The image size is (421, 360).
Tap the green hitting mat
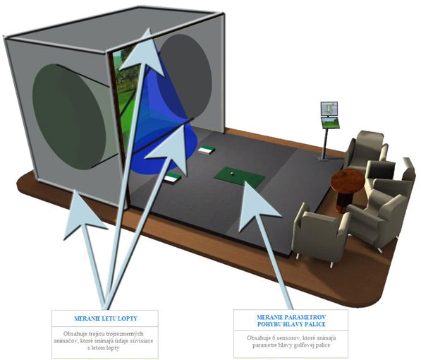tap(240, 177)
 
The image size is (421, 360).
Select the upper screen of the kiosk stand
tap(329, 108)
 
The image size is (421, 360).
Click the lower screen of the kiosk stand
tap(331, 123)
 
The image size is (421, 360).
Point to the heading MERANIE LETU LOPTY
tap(106, 318)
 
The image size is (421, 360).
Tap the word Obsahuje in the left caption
tap(73, 334)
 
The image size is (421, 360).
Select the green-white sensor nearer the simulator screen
tap(206, 150)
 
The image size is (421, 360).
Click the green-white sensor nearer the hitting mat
tap(173, 177)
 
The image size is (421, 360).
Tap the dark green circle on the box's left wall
tap(69, 116)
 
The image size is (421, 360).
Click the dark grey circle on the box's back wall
tap(185, 76)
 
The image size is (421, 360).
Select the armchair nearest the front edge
tap(321, 232)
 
